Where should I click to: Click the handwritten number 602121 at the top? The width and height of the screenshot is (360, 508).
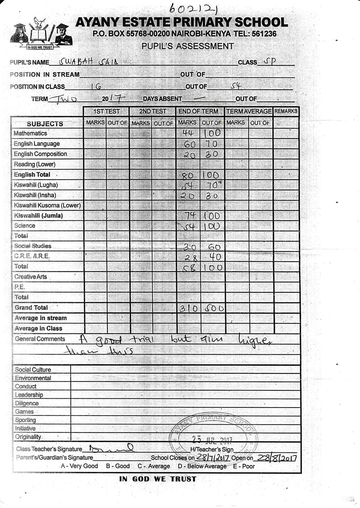pyautogui.click(x=194, y=8)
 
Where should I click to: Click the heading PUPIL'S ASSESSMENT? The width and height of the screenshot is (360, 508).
pyautogui.click(x=188, y=46)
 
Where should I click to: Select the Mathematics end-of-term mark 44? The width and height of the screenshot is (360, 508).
pyautogui.click(x=188, y=133)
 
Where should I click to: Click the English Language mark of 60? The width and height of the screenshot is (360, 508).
pyautogui.click(x=189, y=144)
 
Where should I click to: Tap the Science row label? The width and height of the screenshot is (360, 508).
pyautogui.click(x=25, y=226)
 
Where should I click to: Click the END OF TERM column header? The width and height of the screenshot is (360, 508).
pyautogui.click(x=198, y=111)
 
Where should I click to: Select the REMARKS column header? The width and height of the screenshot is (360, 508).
pyautogui.click(x=286, y=111)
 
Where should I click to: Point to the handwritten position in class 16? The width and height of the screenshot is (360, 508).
pyautogui.click(x=96, y=87)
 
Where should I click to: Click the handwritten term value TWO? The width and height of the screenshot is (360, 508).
pyautogui.click(x=63, y=99)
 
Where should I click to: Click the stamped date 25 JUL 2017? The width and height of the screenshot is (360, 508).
pyautogui.click(x=212, y=440)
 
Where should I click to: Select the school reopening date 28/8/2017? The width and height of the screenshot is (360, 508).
pyautogui.click(x=277, y=458)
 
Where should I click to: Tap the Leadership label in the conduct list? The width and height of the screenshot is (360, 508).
pyautogui.click(x=29, y=395)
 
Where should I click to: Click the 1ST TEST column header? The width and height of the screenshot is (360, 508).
pyautogui.click(x=106, y=111)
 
